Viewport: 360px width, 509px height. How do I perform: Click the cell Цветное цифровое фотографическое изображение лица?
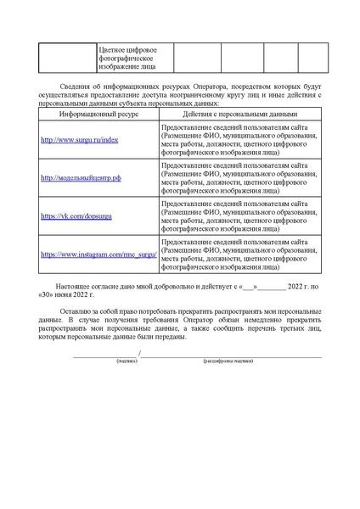(127, 59)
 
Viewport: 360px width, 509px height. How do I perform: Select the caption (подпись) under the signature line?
(104, 360)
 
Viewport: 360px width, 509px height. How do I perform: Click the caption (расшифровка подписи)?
(227, 360)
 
